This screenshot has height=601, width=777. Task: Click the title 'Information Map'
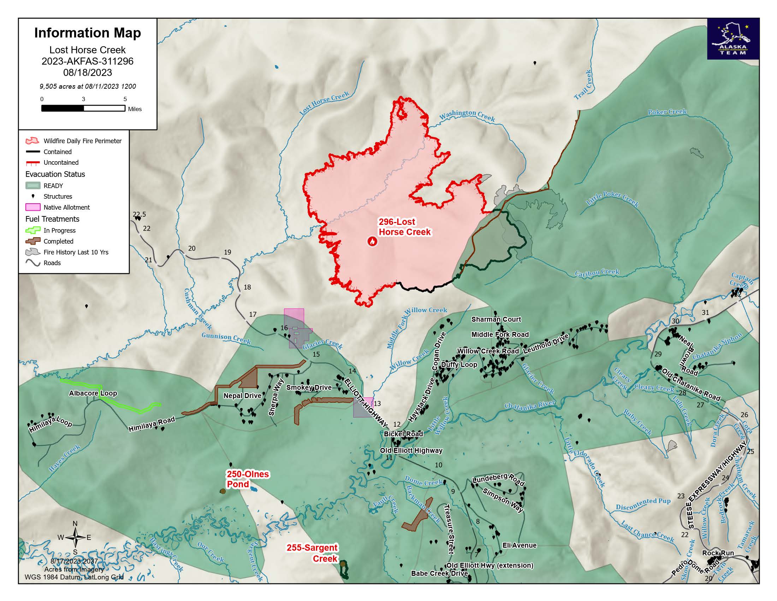tap(88, 33)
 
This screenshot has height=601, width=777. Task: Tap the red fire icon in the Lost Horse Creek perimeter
tap(372, 241)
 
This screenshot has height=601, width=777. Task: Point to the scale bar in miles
tap(83, 108)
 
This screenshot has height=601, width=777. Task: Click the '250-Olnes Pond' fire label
tap(248, 479)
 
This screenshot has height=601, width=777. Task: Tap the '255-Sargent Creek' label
tap(312, 553)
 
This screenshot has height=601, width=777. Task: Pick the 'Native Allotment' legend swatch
tap(32, 207)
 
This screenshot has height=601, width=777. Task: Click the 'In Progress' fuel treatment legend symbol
tap(32, 231)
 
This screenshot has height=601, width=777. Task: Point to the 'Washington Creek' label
tap(467, 115)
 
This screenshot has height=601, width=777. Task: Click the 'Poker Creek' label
tap(667, 112)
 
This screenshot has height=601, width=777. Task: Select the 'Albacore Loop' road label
tap(93, 393)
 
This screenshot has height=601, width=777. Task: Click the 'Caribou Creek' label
tap(597, 273)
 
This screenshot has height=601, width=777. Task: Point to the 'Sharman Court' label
tap(496, 319)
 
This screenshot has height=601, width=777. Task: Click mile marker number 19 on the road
tap(227, 252)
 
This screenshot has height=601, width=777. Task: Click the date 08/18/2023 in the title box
tap(88, 72)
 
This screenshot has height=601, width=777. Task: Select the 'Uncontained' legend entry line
tap(32, 163)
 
